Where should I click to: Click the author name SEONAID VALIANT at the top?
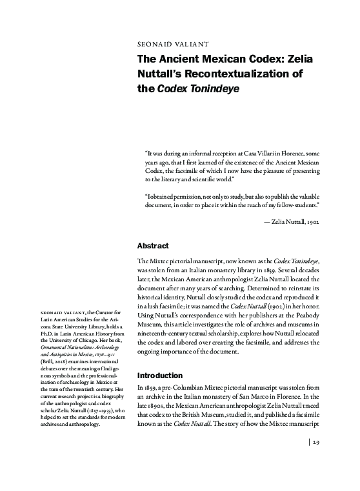pyautogui.click(x=172, y=45)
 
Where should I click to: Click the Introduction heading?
pyautogui.click(x=164, y=374)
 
